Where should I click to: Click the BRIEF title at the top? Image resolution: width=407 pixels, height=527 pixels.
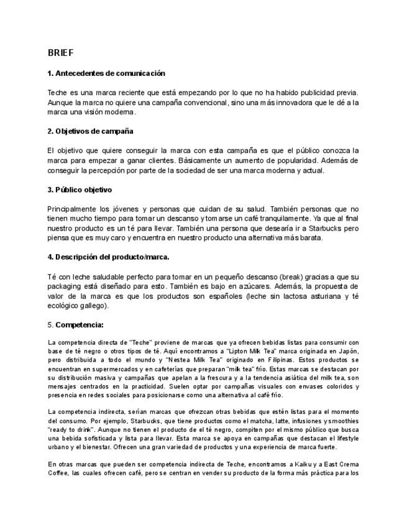(60, 53)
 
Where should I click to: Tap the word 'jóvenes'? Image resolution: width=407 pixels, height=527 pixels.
(123, 209)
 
